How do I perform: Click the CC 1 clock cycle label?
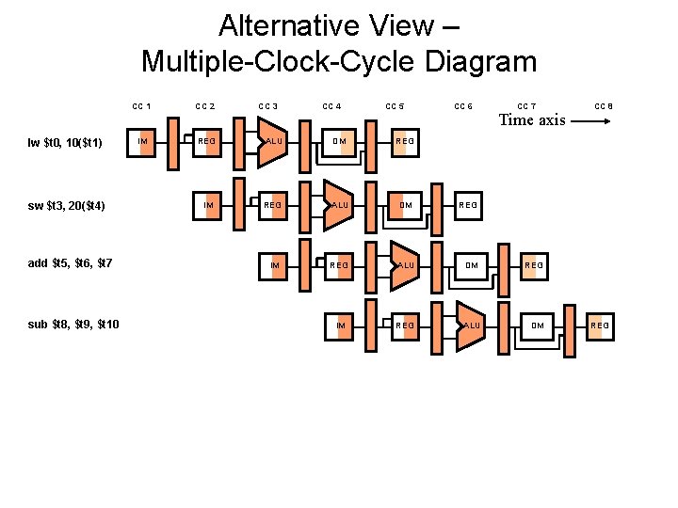tap(142, 106)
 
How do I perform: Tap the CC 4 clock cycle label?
tap(332, 106)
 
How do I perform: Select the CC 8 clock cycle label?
tap(604, 106)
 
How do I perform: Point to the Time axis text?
tap(531, 119)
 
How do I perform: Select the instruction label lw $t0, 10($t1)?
tap(65, 143)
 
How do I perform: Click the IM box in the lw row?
tap(142, 141)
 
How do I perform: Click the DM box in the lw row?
tap(340, 141)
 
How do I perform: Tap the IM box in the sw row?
tap(208, 203)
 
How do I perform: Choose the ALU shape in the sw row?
tap(339, 203)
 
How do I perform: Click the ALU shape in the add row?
tap(406, 264)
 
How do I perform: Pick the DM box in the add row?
tap(472, 264)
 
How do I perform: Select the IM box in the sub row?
tap(340, 325)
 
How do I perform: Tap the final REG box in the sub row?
tap(600, 325)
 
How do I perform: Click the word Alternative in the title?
tap(290, 25)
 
